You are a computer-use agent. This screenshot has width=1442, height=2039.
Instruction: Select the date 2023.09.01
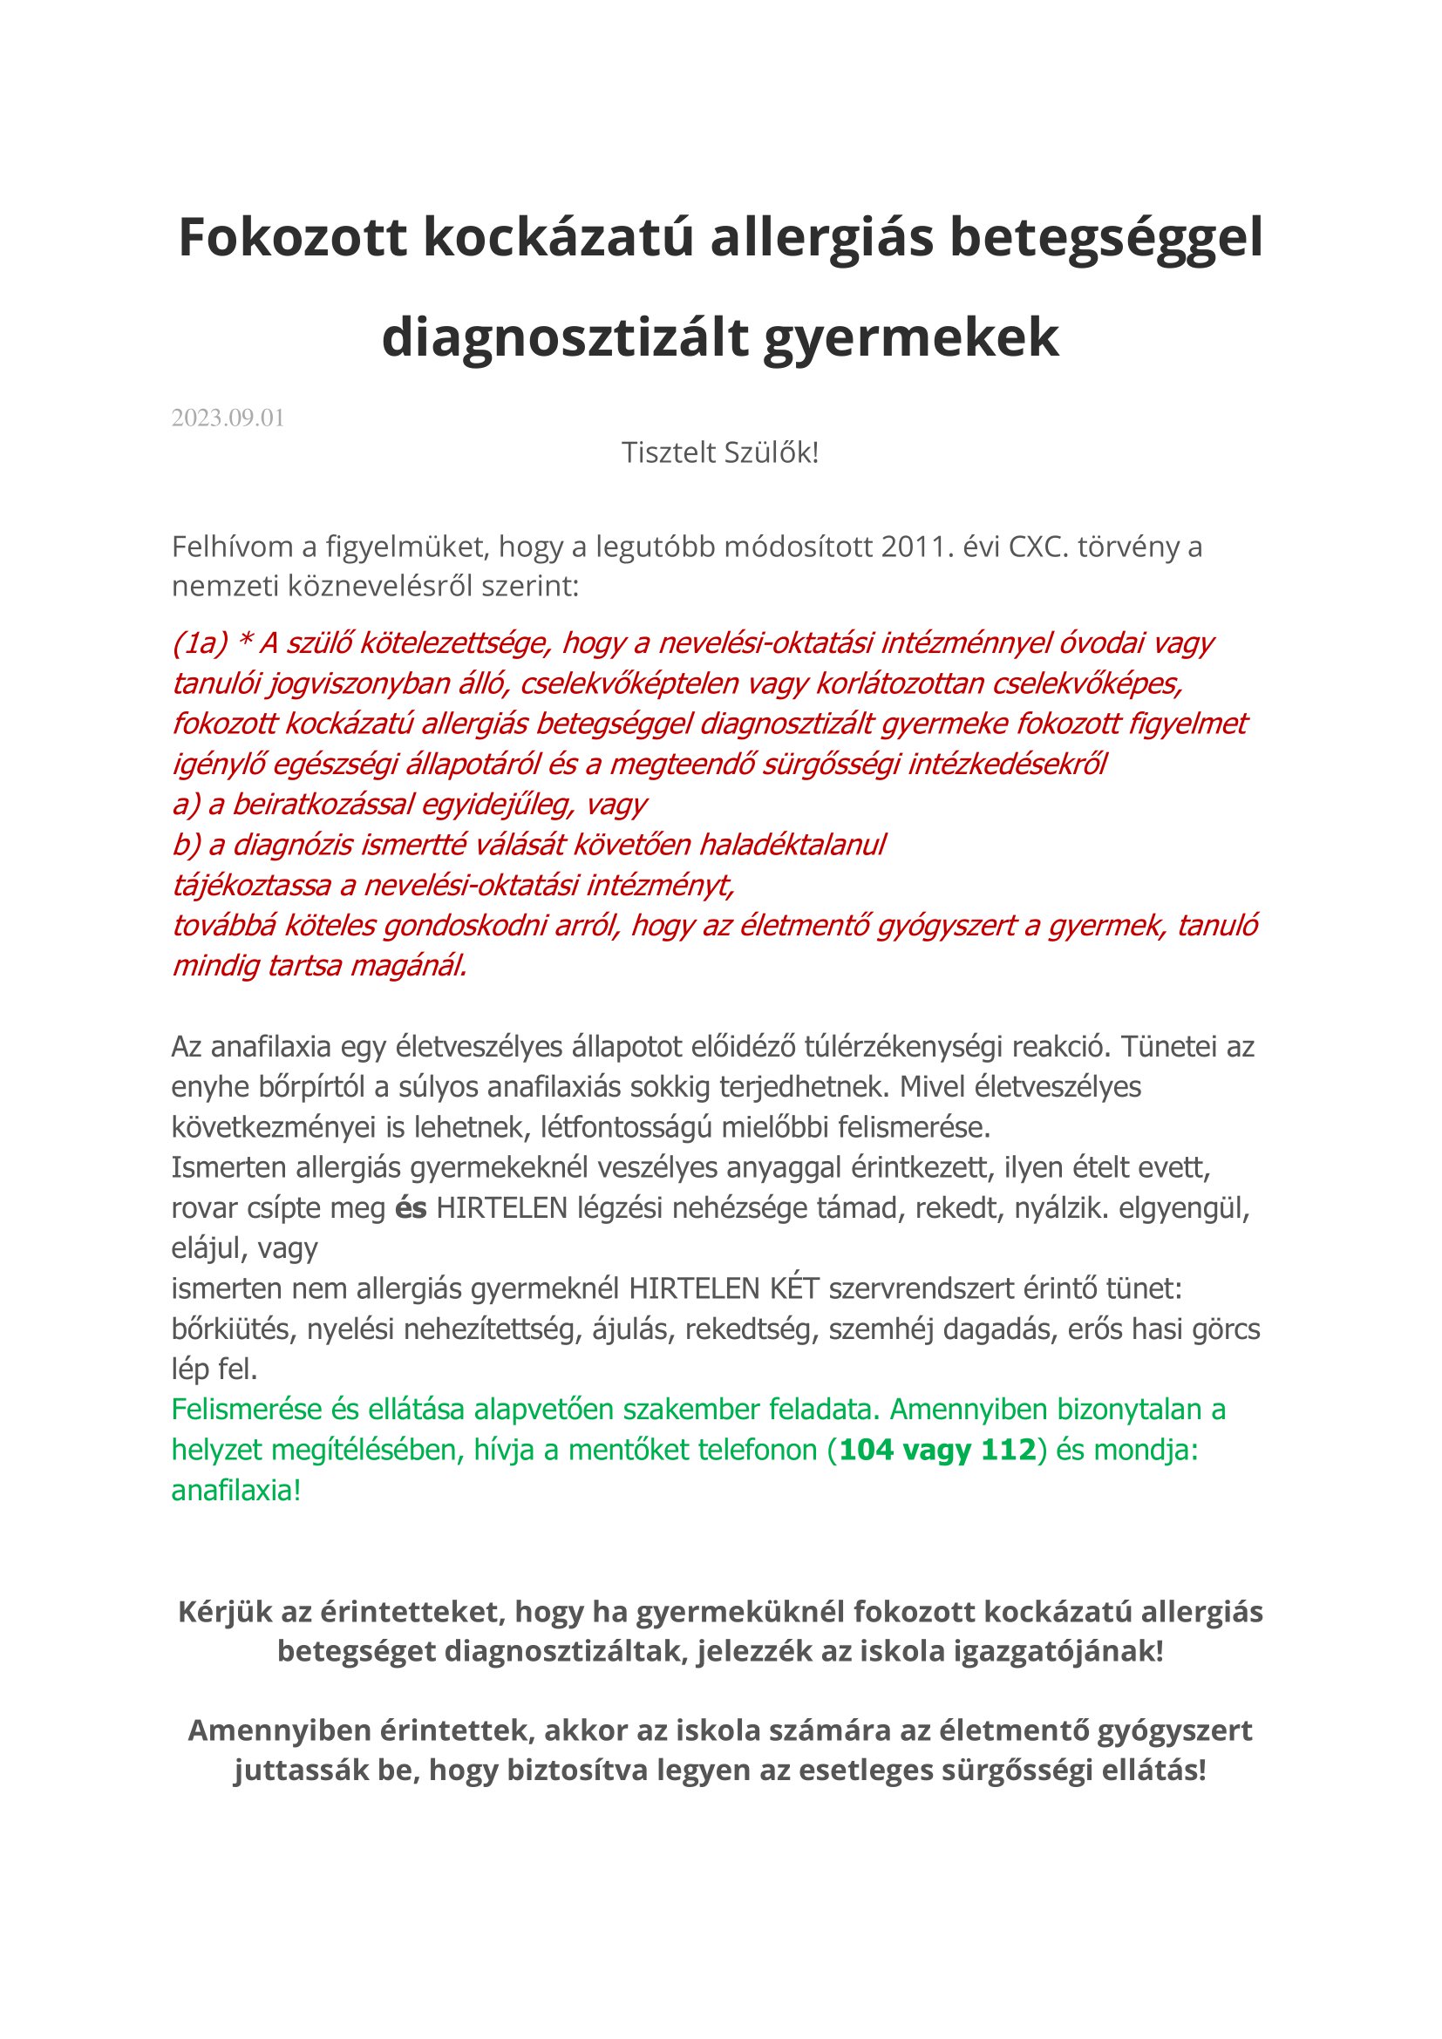[x=228, y=418]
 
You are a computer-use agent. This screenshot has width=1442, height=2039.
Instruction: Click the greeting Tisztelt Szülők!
[x=720, y=453]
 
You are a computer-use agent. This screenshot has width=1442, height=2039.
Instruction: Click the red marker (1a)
[x=201, y=643]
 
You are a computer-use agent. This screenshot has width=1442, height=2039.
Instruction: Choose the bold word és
[x=411, y=1208]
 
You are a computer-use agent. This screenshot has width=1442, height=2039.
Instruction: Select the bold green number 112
[x=1008, y=1451]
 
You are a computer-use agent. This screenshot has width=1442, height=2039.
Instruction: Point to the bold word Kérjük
[x=225, y=1612]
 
